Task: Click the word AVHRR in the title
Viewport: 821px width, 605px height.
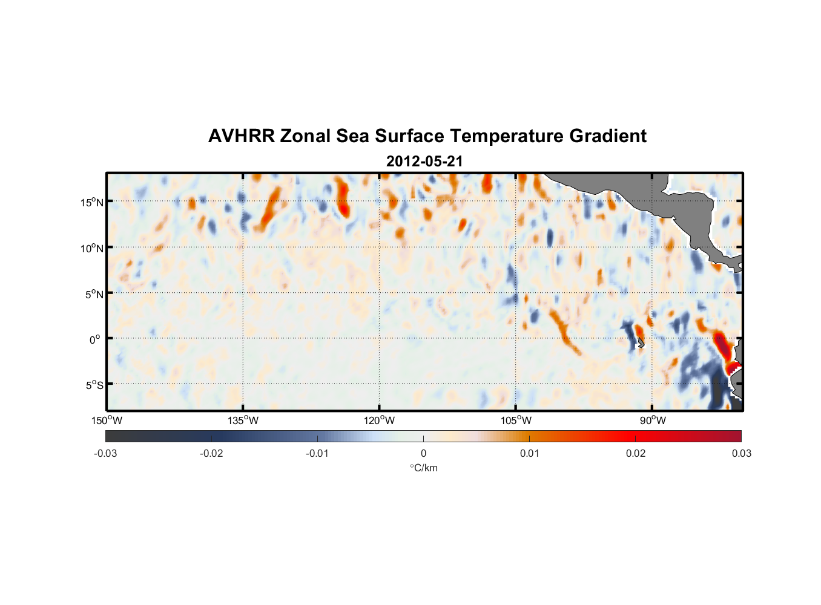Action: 241,136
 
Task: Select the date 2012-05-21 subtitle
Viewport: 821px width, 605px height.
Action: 424,162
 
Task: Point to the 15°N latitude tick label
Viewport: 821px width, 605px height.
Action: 92,202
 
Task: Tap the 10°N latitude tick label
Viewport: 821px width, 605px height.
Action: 92,248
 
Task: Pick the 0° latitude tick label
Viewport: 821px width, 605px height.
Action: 95,339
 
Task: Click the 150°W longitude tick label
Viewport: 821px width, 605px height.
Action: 107,420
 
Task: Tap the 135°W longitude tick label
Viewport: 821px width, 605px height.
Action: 243,420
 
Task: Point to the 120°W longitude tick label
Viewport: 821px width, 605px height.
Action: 380,420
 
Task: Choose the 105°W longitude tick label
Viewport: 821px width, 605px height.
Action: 516,420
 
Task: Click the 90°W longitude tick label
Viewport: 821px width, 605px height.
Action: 653,420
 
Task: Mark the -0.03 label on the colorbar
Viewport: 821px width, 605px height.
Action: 105,453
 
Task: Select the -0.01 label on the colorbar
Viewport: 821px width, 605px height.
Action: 317,453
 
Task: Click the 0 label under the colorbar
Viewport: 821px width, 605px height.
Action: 423,453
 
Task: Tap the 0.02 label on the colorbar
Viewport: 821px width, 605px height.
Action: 636,453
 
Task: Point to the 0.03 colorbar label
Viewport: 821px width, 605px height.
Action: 741,453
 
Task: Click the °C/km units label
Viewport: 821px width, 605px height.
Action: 423,468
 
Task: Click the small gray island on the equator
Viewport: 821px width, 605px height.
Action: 640,342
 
